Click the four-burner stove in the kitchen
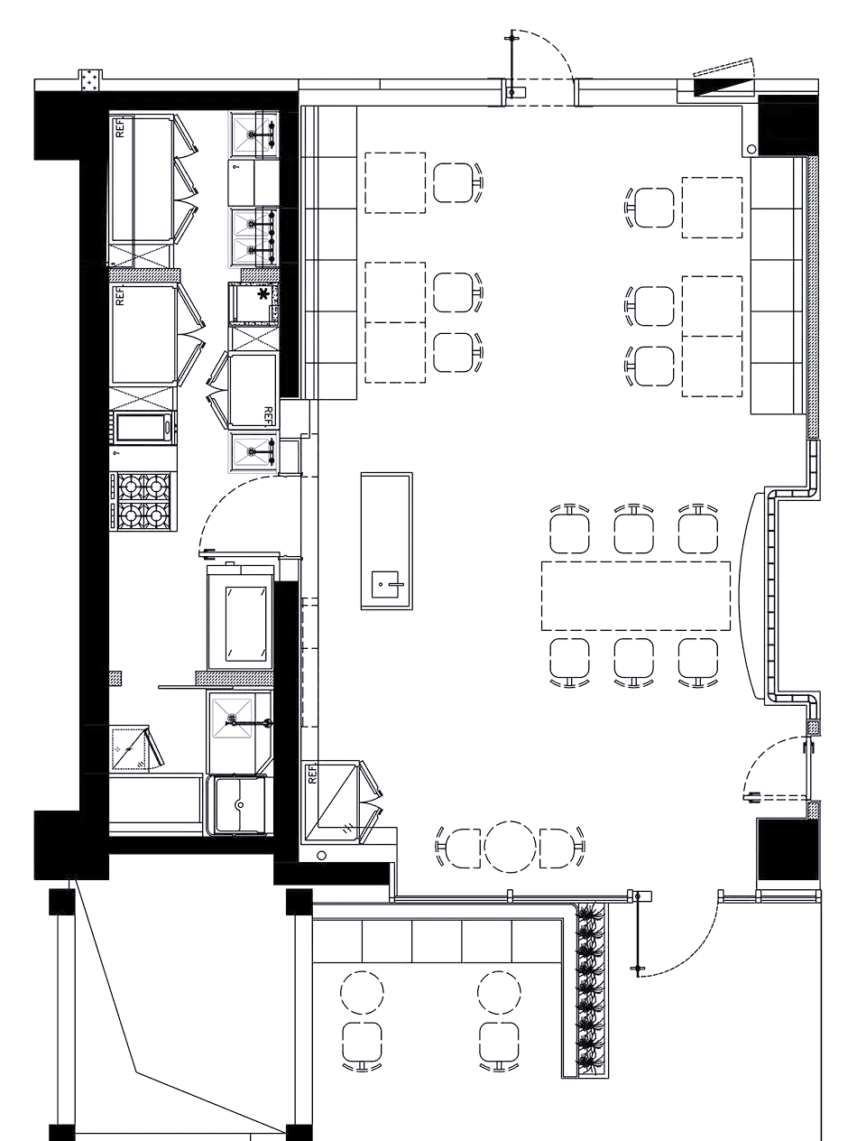[143, 501]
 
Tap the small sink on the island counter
[385, 584]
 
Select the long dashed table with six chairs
[635, 596]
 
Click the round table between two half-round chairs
[510, 846]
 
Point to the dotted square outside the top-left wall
[90, 80]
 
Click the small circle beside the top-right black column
[751, 150]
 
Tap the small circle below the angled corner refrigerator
[321, 855]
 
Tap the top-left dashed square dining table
[395, 182]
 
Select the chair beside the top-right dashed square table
[652, 208]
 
